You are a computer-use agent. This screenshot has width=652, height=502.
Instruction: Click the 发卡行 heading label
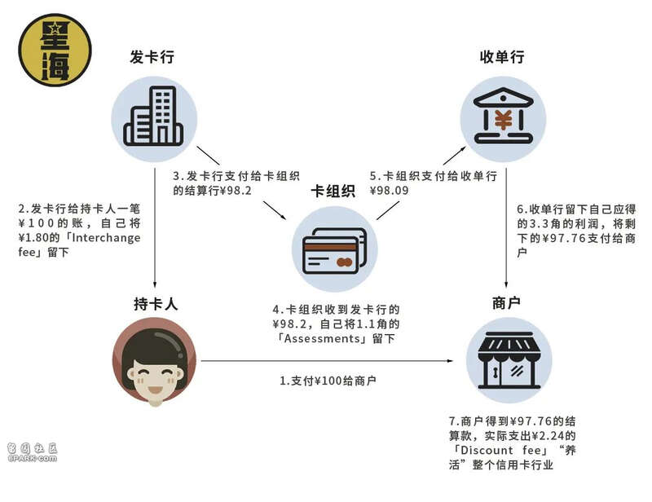click(152, 56)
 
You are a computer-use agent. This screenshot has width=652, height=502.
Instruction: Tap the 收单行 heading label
click(502, 56)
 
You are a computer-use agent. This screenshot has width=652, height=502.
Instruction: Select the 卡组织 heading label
click(333, 191)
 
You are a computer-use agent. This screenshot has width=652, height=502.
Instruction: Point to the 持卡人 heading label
click(156, 304)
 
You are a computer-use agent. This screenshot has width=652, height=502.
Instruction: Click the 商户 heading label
click(506, 303)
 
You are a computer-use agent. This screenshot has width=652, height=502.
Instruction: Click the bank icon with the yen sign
click(503, 115)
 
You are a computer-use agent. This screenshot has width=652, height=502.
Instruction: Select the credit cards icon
click(335, 250)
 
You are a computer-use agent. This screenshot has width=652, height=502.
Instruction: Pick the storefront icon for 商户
click(509, 360)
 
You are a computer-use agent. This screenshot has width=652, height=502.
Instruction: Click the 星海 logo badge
click(55, 50)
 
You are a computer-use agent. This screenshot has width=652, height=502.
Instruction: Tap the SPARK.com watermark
click(32, 452)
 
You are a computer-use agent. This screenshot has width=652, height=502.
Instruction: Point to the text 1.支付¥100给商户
click(328, 381)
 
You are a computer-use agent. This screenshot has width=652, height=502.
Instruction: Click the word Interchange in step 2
click(106, 238)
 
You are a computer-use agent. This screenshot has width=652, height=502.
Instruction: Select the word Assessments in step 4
click(322, 338)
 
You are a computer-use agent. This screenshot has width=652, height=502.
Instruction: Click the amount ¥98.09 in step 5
click(390, 191)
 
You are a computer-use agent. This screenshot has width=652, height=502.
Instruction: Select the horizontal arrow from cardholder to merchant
click(327, 360)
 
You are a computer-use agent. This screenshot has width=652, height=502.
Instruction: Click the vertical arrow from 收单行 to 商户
click(506, 228)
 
